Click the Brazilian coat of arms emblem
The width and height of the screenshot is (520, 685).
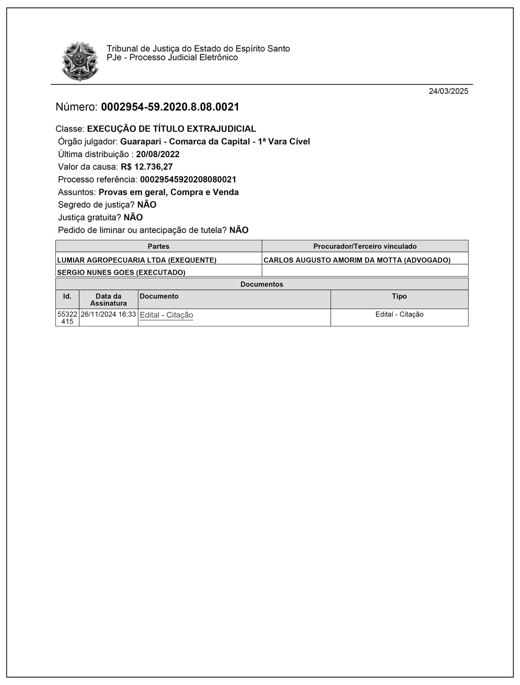point(80,61)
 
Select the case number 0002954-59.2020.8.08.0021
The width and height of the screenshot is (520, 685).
point(170,107)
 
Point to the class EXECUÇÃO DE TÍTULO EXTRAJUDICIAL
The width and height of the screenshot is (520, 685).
point(171,129)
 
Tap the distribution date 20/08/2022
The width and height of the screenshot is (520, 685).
point(157,154)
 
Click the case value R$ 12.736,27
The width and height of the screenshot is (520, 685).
point(147,167)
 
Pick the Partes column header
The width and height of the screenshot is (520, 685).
point(159,246)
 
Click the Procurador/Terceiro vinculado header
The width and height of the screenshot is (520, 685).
point(365,246)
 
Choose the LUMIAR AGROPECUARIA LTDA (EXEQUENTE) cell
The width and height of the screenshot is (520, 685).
point(137,260)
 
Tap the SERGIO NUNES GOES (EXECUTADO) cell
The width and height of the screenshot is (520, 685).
point(121,272)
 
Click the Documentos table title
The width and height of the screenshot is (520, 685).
point(261,284)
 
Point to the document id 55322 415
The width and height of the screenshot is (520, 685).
point(67,318)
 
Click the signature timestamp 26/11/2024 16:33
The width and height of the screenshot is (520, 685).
point(108,314)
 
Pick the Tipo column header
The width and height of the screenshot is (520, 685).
point(399,296)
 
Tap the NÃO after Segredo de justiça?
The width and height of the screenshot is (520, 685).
point(147,205)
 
